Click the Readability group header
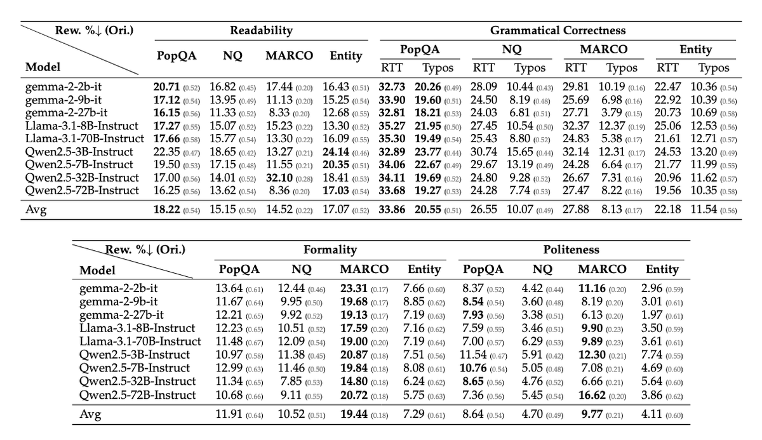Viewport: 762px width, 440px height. pyautogui.click(x=261, y=30)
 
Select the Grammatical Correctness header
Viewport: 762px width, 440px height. pyautogui.click(x=558, y=30)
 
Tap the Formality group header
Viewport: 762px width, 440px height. pyautogui.click(x=330, y=250)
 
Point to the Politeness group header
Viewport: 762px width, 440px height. pyautogui.click(x=571, y=250)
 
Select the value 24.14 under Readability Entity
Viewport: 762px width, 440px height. pyautogui.click(x=337, y=152)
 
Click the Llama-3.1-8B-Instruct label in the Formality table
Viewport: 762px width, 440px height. pyautogui.click(x=137, y=328)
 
